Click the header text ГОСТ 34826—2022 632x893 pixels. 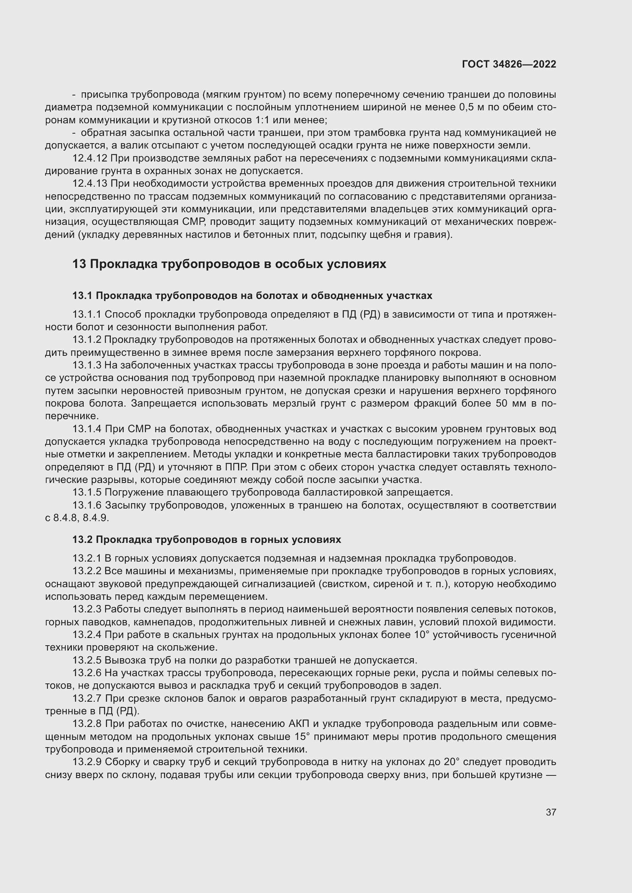(509, 65)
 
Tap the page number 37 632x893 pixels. (551, 812)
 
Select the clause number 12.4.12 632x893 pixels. (90, 159)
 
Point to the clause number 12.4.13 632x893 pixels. (90, 184)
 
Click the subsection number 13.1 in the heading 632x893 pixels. (82, 296)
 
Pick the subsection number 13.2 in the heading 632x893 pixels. (82, 540)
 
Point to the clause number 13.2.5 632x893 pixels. (87, 660)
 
